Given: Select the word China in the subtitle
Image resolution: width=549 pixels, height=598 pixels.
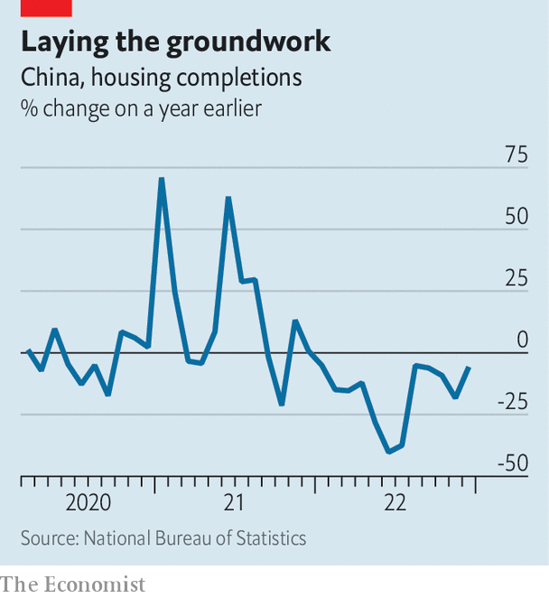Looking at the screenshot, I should [51, 79].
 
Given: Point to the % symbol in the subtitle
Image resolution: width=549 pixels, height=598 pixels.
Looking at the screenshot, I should [30, 108].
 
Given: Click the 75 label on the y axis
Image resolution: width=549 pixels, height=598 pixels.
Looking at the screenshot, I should [516, 155].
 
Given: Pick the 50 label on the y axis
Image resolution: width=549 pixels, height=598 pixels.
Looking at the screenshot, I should [516, 218].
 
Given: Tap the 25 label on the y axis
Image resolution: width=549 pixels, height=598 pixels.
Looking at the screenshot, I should [516, 278].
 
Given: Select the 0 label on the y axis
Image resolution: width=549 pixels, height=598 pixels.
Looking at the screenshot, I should [522, 340].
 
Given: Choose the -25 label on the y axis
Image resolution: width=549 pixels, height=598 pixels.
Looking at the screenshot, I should [512, 402].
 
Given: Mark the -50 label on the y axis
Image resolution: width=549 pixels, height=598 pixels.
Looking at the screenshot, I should [512, 463].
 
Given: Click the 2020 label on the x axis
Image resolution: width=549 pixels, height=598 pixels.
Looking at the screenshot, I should [88, 502].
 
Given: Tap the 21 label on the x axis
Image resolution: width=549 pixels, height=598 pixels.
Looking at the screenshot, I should [235, 502].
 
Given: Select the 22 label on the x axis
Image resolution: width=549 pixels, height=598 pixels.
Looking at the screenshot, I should [395, 502].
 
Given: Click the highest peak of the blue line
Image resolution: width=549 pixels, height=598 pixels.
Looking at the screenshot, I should [161, 179].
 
